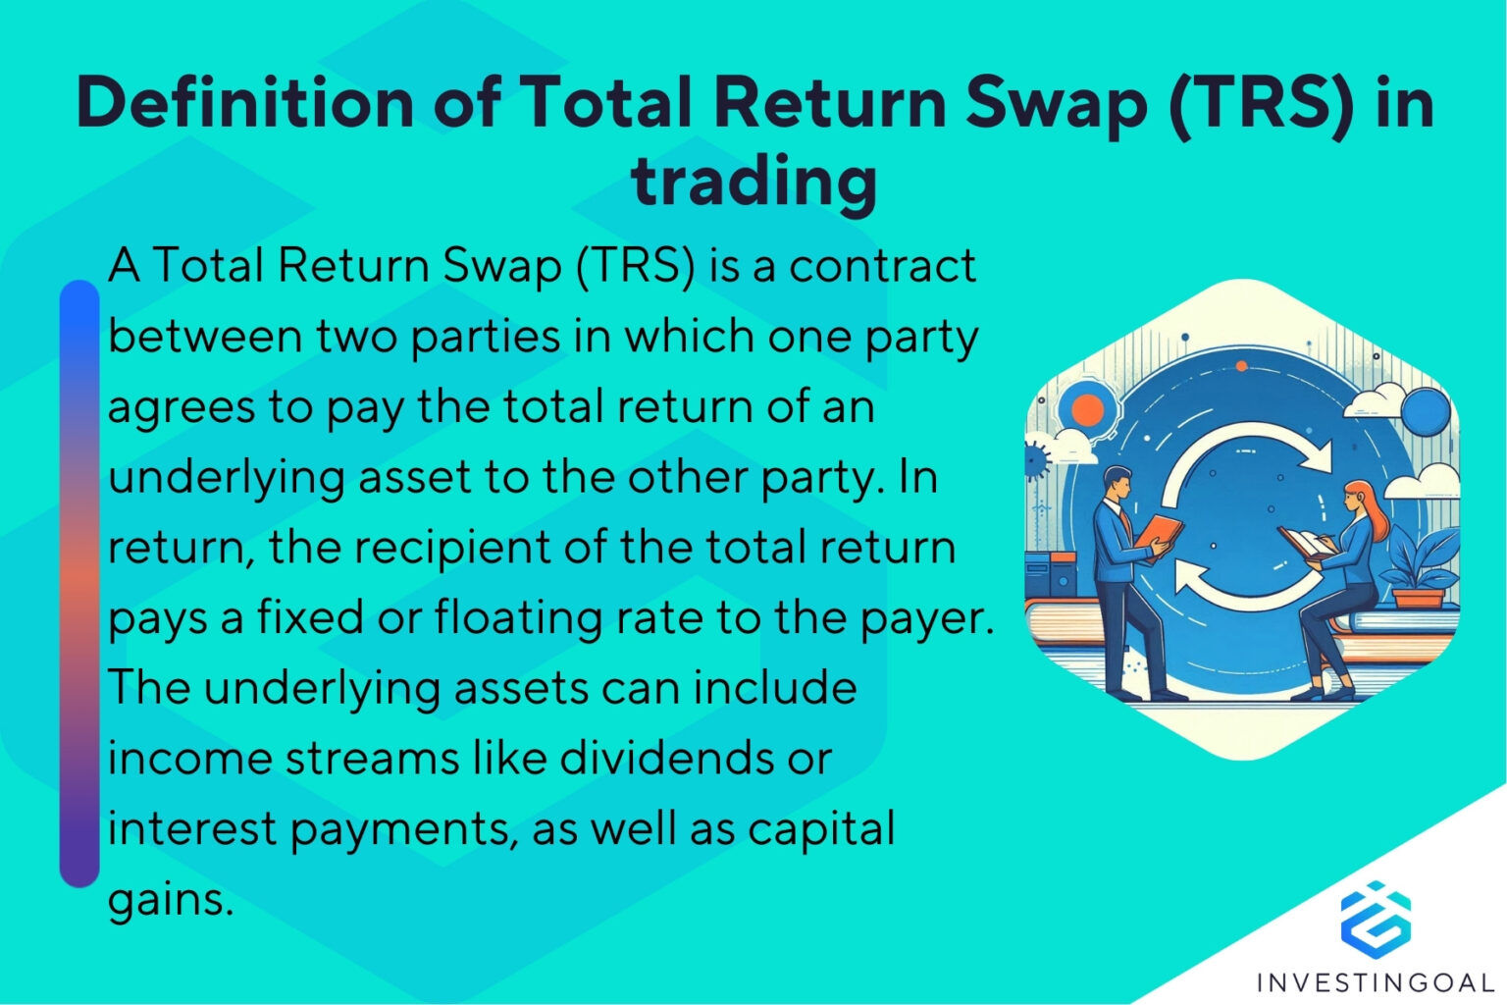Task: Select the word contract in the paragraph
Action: pos(882,266)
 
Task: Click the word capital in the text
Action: pos(821,828)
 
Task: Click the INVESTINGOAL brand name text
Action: pos(1375,981)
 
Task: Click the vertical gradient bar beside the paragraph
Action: pos(79,584)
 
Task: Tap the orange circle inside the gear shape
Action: pos(1087,409)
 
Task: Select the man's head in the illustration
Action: pos(1117,481)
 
